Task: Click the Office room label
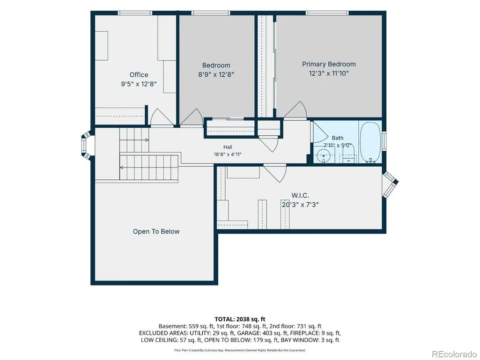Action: click(139, 75)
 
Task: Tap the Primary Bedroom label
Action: click(329, 64)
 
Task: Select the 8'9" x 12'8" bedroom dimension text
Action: click(216, 74)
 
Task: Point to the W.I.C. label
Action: click(300, 195)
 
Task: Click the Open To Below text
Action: click(156, 231)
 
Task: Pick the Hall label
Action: click(228, 147)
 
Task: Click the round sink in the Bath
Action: click(323, 155)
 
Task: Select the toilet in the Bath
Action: click(348, 154)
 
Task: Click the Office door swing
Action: click(158, 117)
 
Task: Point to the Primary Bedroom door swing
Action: click(295, 109)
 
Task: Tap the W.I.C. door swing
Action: click(275, 173)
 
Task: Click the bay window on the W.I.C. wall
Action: click(390, 184)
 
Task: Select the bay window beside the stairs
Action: click(86, 146)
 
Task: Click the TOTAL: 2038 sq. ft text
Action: click(240, 319)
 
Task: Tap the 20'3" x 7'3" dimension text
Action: click(300, 205)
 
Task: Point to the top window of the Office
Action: click(135, 13)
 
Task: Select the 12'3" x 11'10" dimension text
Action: click(329, 73)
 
